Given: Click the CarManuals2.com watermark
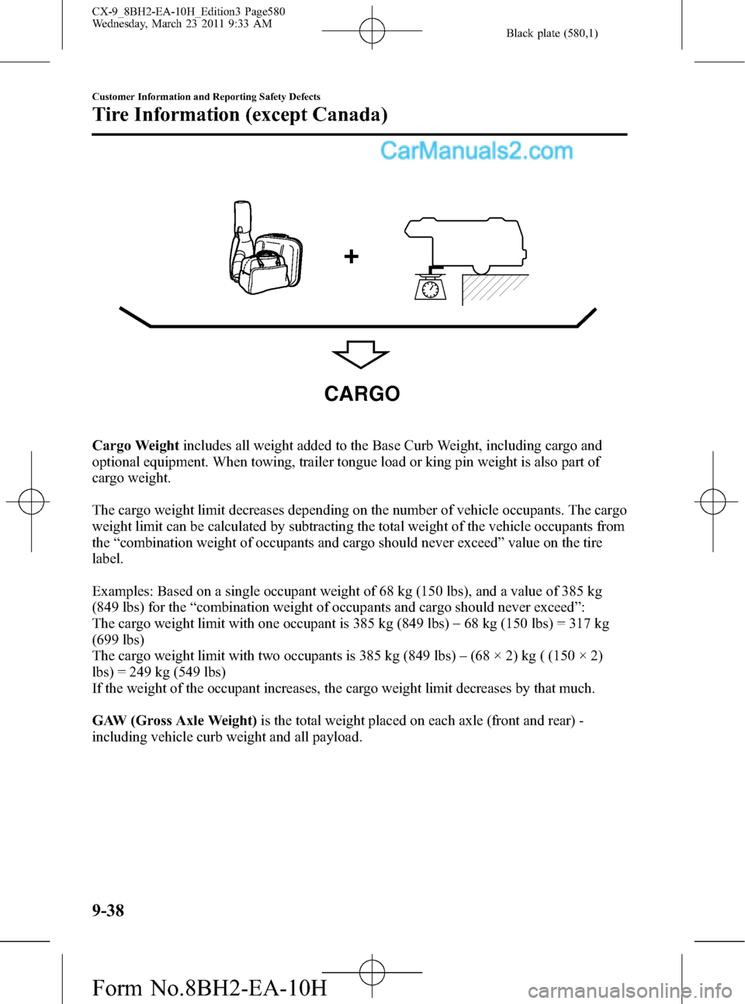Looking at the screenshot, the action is (476, 151).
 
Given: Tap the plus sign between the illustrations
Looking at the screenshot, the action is (351, 257).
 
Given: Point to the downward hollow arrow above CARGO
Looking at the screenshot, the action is (360, 354).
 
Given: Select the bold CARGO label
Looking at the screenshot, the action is (362, 394).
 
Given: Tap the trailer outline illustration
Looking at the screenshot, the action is (466, 247).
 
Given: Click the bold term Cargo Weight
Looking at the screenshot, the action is (136, 446).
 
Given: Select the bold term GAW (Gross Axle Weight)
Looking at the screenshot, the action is (175, 721).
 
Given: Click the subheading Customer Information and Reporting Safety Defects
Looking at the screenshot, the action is (206, 97).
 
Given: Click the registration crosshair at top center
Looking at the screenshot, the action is (372, 31).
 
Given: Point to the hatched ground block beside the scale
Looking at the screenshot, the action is (495, 288).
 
